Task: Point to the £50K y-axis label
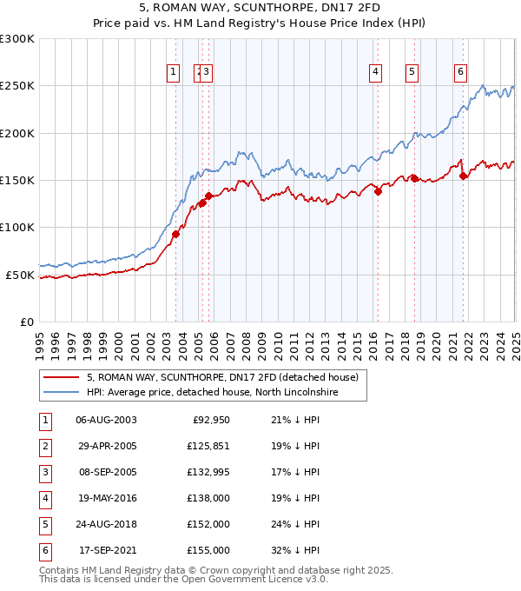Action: tap(21, 275)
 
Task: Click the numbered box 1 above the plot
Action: tap(173, 73)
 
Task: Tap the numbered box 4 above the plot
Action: tap(376, 73)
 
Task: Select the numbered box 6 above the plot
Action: tap(460, 73)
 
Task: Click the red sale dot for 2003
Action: tap(175, 234)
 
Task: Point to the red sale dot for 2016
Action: tap(379, 192)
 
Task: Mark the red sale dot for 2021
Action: tap(463, 176)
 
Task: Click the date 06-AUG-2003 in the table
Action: tap(106, 420)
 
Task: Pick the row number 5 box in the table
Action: tap(44, 524)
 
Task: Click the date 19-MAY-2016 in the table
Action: tap(106, 498)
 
